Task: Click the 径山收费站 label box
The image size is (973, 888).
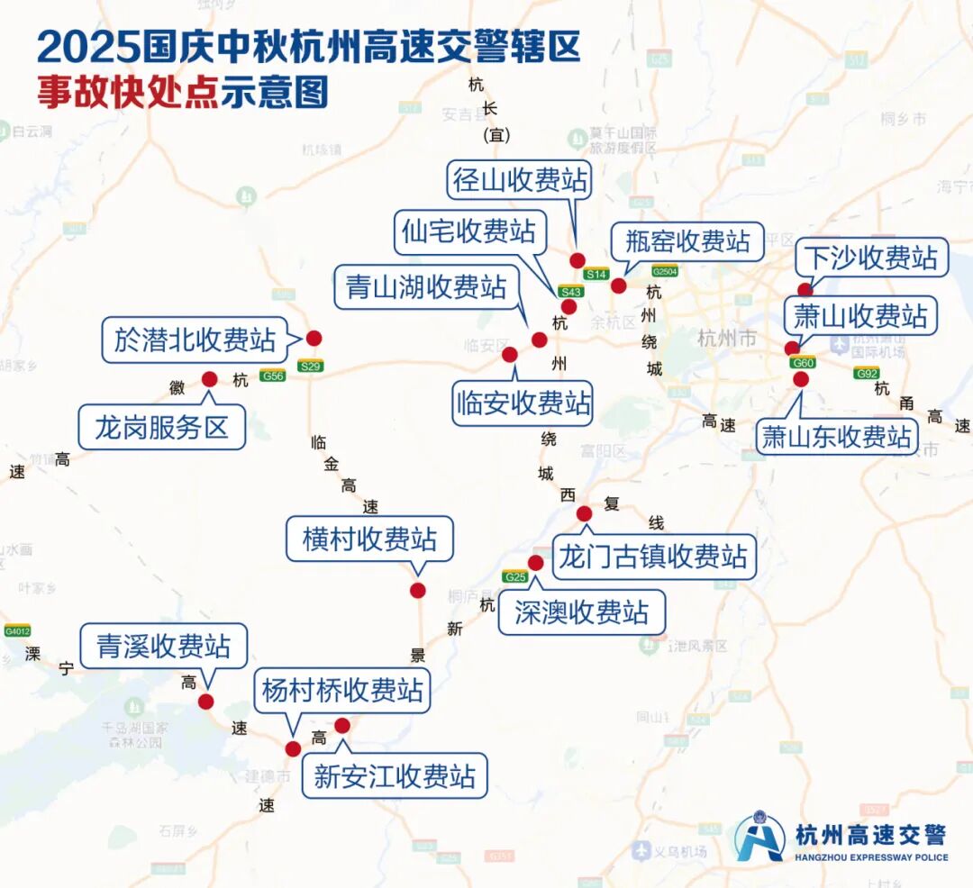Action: pyautogui.click(x=520, y=180)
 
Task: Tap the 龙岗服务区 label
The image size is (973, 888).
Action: pyautogui.click(x=162, y=427)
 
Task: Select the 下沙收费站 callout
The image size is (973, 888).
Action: pyautogui.click(x=870, y=259)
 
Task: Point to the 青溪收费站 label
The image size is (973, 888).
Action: pyautogui.click(x=163, y=646)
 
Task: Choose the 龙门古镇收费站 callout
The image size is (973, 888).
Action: pyautogui.click(x=653, y=557)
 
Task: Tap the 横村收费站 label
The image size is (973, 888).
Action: pyautogui.click(x=370, y=539)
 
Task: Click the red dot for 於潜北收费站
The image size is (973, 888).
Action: pyautogui.click(x=314, y=339)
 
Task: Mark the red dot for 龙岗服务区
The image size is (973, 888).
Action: pyautogui.click(x=210, y=379)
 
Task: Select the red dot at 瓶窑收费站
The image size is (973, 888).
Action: pyautogui.click(x=618, y=285)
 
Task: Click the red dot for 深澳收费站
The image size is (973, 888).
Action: pyautogui.click(x=535, y=563)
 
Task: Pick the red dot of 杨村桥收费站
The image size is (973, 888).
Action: pyautogui.click(x=293, y=748)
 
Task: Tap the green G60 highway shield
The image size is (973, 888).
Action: pyautogui.click(x=803, y=363)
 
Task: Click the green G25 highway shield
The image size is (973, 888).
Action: pyautogui.click(x=515, y=576)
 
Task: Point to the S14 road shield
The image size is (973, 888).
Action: pyautogui.click(x=596, y=274)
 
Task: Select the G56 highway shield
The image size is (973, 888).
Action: pyautogui.click(x=272, y=376)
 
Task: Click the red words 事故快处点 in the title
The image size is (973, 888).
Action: pyautogui.click(x=128, y=93)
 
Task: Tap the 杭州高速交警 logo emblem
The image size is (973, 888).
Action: pyautogui.click(x=759, y=838)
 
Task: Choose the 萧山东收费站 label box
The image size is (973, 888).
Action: pyautogui.click(x=837, y=437)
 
